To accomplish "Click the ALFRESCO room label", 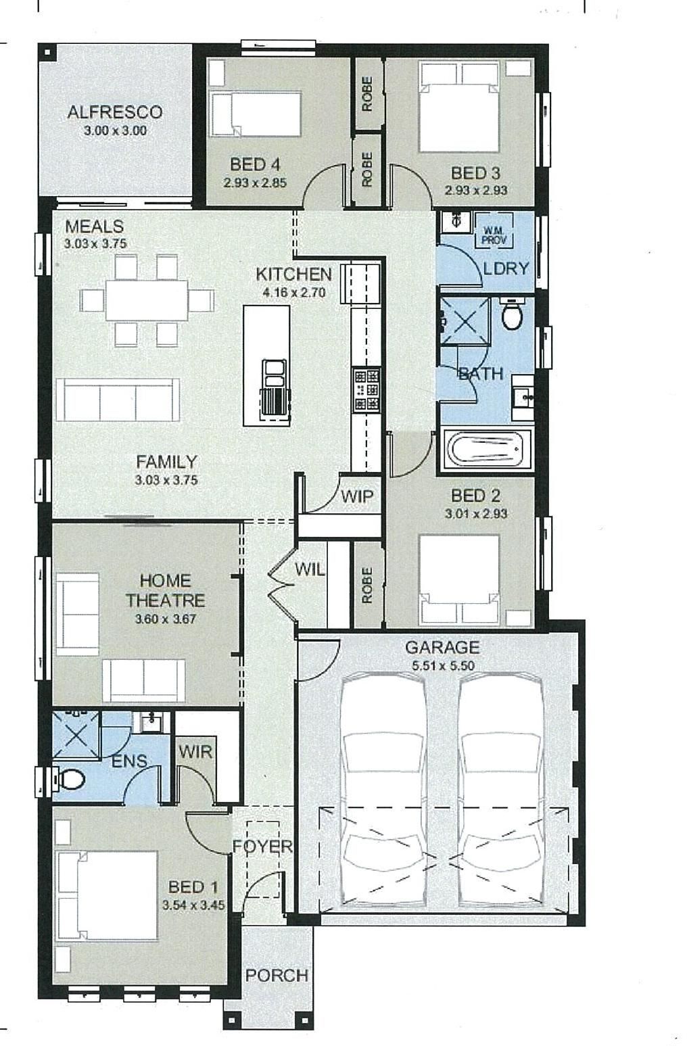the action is (x=115, y=112).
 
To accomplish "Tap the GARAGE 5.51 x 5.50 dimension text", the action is (x=443, y=665).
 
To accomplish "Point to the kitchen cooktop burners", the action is (x=366, y=389).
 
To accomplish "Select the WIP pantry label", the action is (x=357, y=496).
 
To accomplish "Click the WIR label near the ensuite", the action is (x=195, y=752).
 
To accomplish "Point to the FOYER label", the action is (x=262, y=846).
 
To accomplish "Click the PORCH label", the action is (x=277, y=976).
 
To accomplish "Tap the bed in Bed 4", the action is (x=256, y=114).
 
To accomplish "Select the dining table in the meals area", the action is (x=147, y=300).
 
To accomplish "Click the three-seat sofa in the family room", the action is (x=118, y=400).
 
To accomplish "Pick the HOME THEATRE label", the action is (x=166, y=590).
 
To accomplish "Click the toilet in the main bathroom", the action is (x=512, y=314).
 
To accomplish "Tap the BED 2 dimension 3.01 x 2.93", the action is (x=476, y=514).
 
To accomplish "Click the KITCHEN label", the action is (x=294, y=274).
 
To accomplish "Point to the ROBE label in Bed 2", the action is (x=367, y=585).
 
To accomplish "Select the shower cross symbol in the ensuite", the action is (x=76, y=734).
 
